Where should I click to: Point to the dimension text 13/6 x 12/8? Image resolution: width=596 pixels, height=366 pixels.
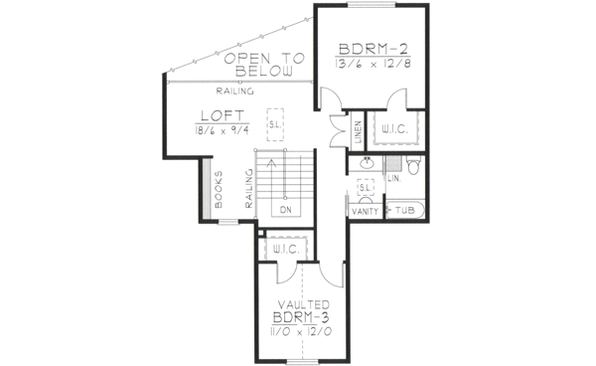373,67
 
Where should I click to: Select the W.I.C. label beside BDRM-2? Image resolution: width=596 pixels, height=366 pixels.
389,128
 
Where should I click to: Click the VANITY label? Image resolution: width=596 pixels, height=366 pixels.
364,211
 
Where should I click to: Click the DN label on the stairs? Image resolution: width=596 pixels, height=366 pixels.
285,210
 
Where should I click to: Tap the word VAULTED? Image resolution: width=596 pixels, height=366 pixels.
303,304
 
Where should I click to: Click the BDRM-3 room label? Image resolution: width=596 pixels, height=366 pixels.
303,317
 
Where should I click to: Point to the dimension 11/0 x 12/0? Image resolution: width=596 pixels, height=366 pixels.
303,331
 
